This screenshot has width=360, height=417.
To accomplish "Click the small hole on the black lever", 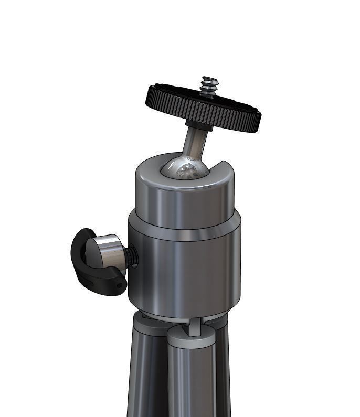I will (x=120, y=285).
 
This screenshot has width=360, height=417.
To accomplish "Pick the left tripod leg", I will (x=142, y=378).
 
